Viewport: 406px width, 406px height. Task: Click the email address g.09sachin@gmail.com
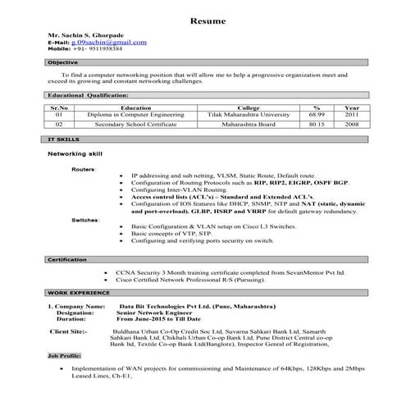[109, 42]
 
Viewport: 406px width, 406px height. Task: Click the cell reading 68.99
[317, 116]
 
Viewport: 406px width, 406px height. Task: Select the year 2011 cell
[351, 116]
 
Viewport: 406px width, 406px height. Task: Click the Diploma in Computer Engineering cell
[135, 116]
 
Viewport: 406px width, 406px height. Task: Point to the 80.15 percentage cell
[317, 126]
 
